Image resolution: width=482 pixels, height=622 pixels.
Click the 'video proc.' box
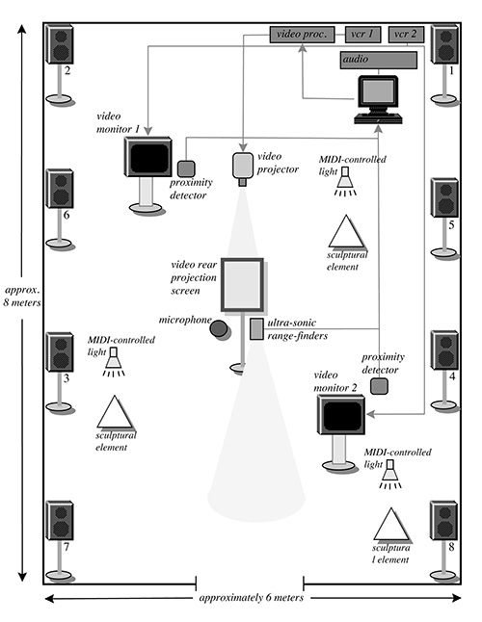pyautogui.click(x=302, y=35)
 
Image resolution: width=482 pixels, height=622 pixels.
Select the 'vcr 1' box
pyautogui.click(x=361, y=35)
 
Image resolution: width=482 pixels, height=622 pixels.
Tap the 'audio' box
pyautogui.click(x=377, y=60)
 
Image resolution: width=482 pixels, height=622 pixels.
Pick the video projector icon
pyautogui.click(x=243, y=167)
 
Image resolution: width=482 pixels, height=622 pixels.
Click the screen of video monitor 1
pyautogui.click(x=147, y=157)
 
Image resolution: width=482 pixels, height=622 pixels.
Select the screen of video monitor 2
pyautogui.click(x=341, y=415)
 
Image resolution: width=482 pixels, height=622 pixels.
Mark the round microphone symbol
pyautogui.click(x=221, y=328)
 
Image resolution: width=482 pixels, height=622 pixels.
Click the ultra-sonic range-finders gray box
pyautogui.click(x=256, y=329)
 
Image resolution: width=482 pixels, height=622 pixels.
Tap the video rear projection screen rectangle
pyautogui.click(x=242, y=285)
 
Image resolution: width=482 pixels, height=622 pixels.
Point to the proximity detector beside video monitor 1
pyautogui.click(x=186, y=168)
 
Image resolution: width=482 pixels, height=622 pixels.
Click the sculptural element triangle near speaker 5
pyautogui.click(x=344, y=233)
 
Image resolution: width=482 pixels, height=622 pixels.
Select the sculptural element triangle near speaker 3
pyautogui.click(x=115, y=414)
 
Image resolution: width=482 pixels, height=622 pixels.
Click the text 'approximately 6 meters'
pyautogui.click(x=251, y=597)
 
